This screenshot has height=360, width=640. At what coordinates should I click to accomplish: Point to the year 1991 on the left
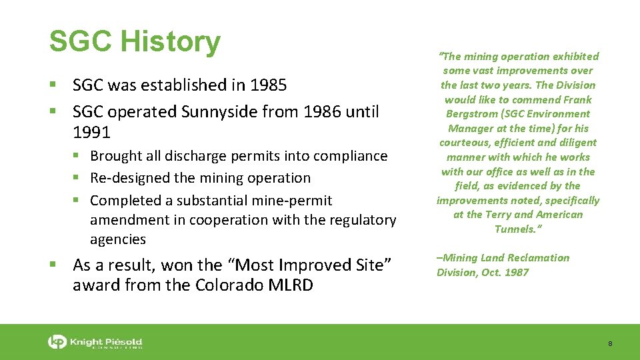pyautogui.click(x=91, y=133)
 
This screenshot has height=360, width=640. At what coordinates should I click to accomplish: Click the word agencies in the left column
pyautogui.click(x=118, y=239)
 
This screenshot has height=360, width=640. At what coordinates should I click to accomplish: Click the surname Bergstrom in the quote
pyautogui.click(x=467, y=114)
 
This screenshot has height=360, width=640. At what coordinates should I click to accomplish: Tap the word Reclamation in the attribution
pyautogui.click(x=541, y=257)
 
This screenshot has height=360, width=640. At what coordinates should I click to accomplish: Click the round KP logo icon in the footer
pyautogui.click(x=57, y=342)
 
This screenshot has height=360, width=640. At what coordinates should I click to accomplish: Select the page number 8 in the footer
pyautogui.click(x=610, y=343)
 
